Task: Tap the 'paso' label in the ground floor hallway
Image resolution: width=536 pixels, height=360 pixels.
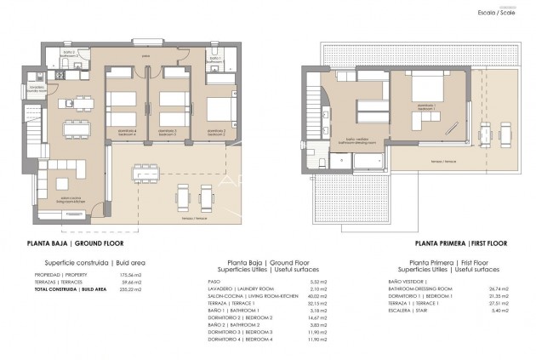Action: coord(146,56)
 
